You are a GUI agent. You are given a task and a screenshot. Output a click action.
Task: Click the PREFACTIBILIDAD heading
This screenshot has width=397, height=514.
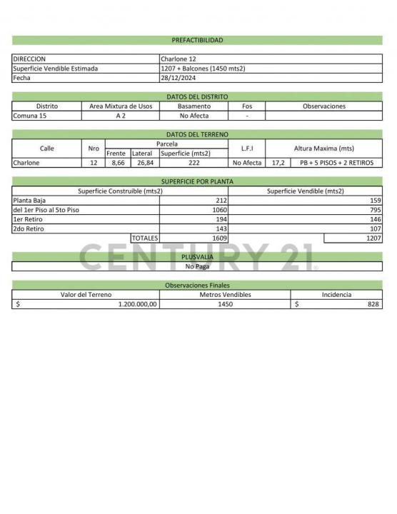tap(197, 41)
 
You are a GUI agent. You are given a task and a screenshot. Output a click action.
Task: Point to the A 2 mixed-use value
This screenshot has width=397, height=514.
tap(121, 116)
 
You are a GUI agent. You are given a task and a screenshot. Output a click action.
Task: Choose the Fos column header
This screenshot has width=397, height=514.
tap(247, 106)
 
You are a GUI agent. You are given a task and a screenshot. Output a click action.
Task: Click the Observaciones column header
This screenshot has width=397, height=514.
tap(323, 106)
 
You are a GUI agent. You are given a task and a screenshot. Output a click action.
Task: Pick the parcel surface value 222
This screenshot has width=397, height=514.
tap(194, 163)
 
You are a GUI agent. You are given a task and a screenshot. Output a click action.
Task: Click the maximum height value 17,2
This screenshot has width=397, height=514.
tap(278, 163)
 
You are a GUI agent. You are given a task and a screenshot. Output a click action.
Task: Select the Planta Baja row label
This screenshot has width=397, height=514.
tap(30, 201)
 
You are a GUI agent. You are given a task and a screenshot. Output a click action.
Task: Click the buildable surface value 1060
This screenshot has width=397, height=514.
tap(219, 210)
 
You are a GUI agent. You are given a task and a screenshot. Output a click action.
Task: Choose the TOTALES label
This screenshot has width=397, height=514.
tap(144, 238)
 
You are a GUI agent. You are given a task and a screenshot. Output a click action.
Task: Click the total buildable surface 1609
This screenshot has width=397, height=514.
tap(219, 238)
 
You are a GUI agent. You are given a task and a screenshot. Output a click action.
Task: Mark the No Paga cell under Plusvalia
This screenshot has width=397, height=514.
tap(197, 266)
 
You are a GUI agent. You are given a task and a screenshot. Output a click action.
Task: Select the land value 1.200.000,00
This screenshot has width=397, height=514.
tap(137, 304)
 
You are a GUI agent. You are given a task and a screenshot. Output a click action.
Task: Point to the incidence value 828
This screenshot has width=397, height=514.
tap(373, 304)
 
